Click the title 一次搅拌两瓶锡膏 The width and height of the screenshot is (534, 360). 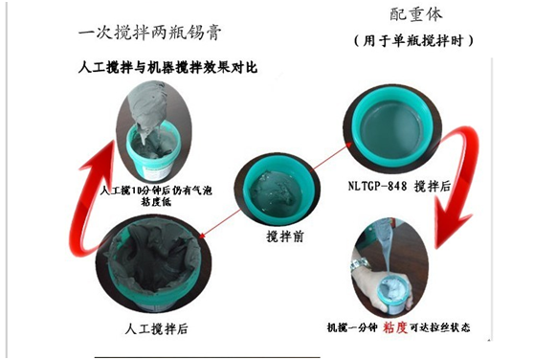[x=150, y=32]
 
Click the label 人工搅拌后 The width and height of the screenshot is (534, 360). [x=156, y=328]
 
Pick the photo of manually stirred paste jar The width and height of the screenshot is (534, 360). [x=154, y=268]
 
